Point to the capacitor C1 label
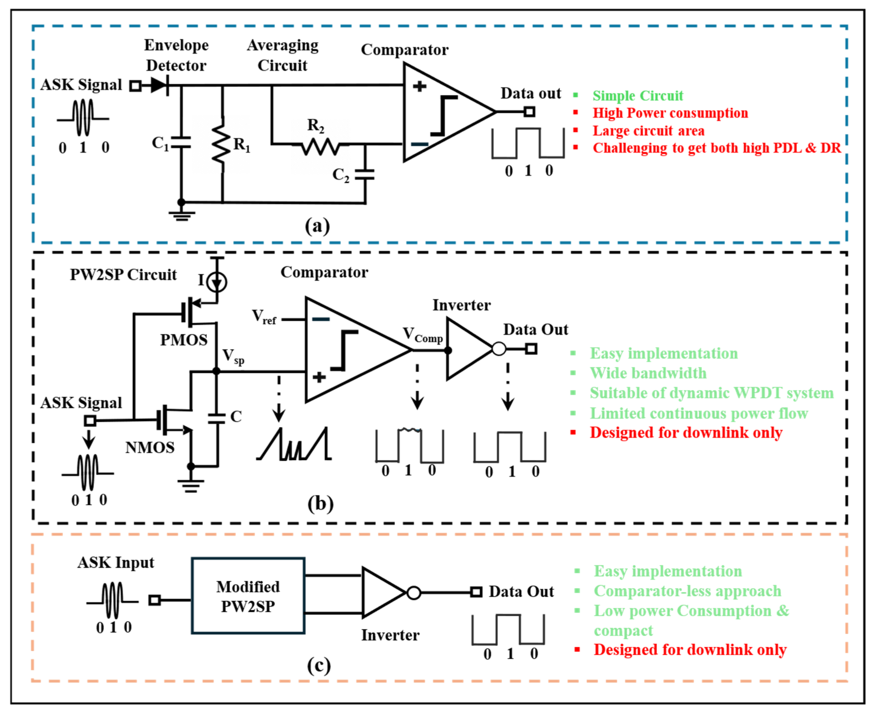point(160,144)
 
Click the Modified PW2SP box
point(248,596)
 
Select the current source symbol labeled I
point(217,282)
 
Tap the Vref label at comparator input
point(264,317)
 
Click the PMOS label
point(184,340)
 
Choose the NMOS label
point(150,447)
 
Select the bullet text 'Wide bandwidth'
point(648,373)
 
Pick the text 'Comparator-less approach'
point(688,591)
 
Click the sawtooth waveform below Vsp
point(294,443)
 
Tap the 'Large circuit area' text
point(648,131)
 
